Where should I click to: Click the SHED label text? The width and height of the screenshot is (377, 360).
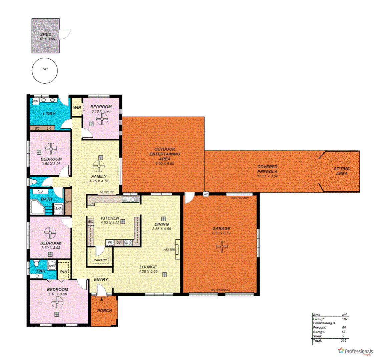pyautogui.click(x=45, y=34)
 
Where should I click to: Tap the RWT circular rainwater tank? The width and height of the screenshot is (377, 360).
pyautogui.click(x=44, y=70)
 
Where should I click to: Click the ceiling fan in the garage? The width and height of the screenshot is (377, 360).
pyautogui.click(x=221, y=247)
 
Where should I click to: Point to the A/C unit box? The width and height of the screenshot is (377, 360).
pyautogui.click(x=206, y=194)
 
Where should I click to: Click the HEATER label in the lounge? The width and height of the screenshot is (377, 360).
pyautogui.click(x=169, y=250)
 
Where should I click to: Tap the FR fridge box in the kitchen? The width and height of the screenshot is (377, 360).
pyautogui.click(x=109, y=243)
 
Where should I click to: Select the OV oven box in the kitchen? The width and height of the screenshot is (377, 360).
pyautogui.click(x=118, y=243)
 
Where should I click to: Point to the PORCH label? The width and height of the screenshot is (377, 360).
pyautogui.click(x=104, y=311)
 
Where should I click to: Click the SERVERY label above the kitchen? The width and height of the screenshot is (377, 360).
pyautogui.click(x=107, y=192)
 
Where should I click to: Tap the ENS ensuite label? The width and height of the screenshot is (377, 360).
pyautogui.click(x=40, y=271)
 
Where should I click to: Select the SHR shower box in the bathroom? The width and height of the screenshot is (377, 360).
pyautogui.click(x=58, y=209)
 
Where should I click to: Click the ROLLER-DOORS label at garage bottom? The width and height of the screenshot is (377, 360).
pyautogui.click(x=220, y=290)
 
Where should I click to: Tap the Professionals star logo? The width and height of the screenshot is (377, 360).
pyautogui.click(x=341, y=350)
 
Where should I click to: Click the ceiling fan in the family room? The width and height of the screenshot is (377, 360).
pyautogui.click(x=99, y=165)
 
